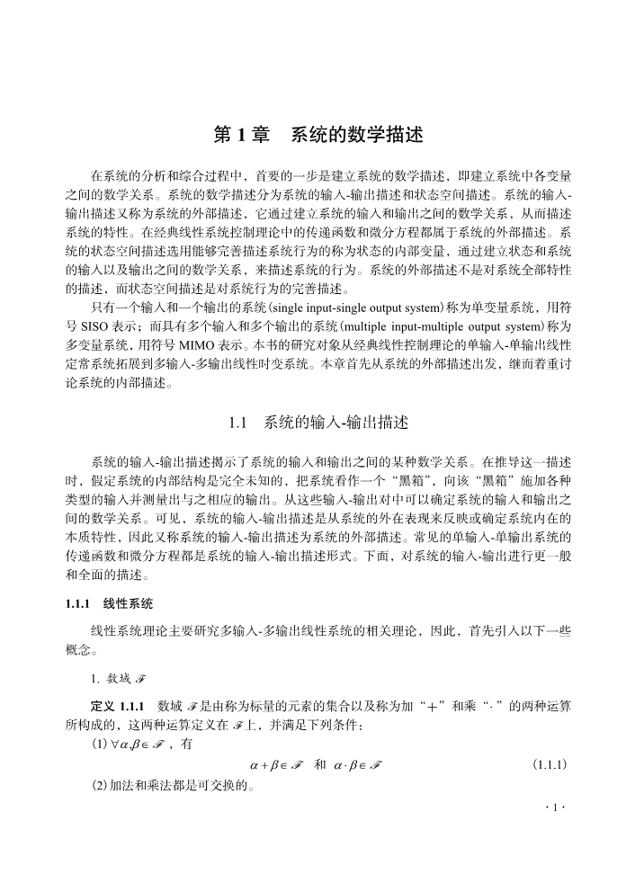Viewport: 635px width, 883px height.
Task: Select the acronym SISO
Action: pos(94,326)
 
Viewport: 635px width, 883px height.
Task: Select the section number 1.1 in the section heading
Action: pos(238,421)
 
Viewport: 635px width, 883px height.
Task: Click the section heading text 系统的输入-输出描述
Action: pos(335,421)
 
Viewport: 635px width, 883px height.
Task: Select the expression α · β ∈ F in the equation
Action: pos(357,765)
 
